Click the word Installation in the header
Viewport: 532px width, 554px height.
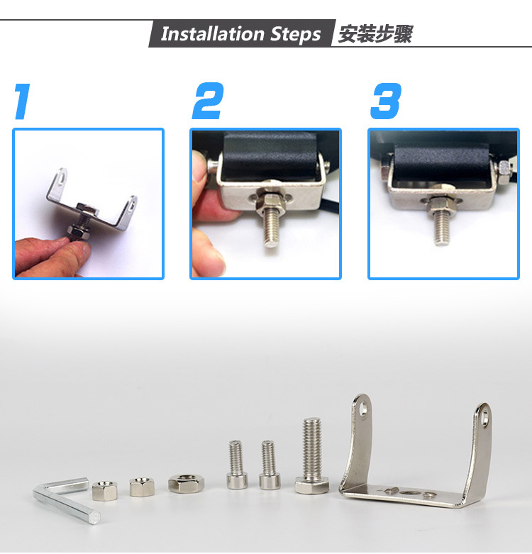pos(213,34)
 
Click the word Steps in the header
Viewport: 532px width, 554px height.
pos(296,35)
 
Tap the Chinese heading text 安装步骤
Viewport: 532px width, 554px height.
pos(375,34)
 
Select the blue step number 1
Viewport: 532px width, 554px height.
pos(22,101)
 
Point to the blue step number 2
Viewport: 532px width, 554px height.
pos(208,101)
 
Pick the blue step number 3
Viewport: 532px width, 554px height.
pos(386,101)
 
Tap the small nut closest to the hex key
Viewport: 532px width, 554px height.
pos(104,490)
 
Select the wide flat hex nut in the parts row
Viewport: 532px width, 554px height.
pos(186,483)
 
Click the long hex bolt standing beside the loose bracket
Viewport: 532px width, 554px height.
pos(312,456)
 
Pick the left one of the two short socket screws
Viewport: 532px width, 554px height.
pos(236,465)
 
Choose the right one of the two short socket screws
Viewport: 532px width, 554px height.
pos(270,465)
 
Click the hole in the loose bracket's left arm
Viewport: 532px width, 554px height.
pos(363,410)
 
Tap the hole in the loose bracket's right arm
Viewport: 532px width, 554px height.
pos(485,416)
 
